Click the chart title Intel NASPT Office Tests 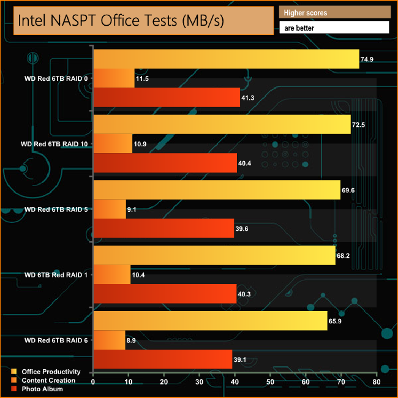[x=121, y=20]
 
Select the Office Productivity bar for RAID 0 [x=226, y=59]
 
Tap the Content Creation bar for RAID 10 [x=113, y=143]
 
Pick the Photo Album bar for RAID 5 [x=163, y=228]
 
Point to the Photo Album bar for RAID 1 [x=165, y=294]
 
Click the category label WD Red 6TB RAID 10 [x=53, y=144]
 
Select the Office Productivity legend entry [x=51, y=372]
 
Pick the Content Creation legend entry [x=48, y=380]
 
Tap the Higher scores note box [x=334, y=12]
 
